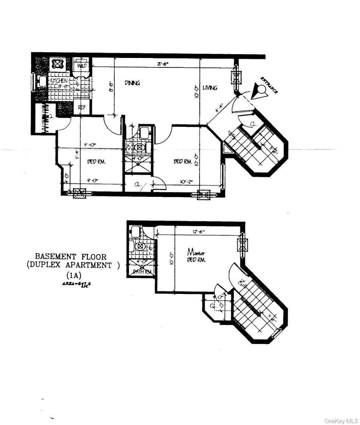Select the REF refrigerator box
coord(82,107)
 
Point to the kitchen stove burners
coord(57,64)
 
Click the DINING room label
coord(132,83)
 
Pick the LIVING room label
coord(210,88)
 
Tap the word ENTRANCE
coord(269,85)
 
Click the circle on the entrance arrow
coord(261,89)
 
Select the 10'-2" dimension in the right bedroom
coord(187,182)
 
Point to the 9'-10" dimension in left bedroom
coord(90,144)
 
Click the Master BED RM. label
coord(196,256)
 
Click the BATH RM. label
coord(142,272)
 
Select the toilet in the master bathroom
coord(140,247)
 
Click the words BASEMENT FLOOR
coord(71,257)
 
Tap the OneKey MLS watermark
coord(341,421)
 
